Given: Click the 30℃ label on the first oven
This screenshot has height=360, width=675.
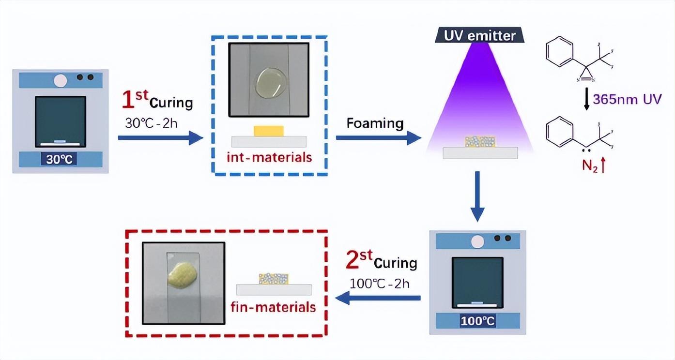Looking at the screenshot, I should [60, 159].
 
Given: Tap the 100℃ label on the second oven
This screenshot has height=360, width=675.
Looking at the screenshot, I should [478, 320].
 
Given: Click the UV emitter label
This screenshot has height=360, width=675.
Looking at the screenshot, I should [476, 35].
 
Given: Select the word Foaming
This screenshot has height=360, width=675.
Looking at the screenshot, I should [375, 123].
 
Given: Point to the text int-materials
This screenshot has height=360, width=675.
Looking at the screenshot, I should [269, 157].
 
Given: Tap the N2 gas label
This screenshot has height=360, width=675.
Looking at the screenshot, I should [589, 167].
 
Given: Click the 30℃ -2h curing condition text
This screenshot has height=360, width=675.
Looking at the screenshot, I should [151, 122].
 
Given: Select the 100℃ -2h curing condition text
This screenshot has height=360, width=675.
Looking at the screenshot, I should [379, 283].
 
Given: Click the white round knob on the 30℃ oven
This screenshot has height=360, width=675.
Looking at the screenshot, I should [60, 80].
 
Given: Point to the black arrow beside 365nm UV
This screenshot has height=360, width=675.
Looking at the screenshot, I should [587, 99].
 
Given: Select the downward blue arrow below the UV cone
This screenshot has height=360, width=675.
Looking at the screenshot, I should [477, 196].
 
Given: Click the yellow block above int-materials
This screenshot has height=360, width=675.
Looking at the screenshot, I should [268, 131].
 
